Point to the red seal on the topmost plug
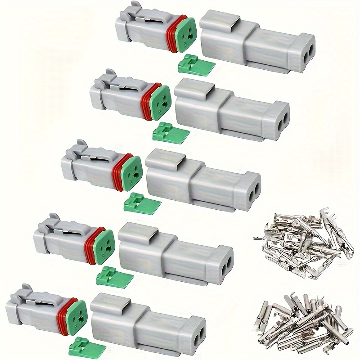click(171, 34)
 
